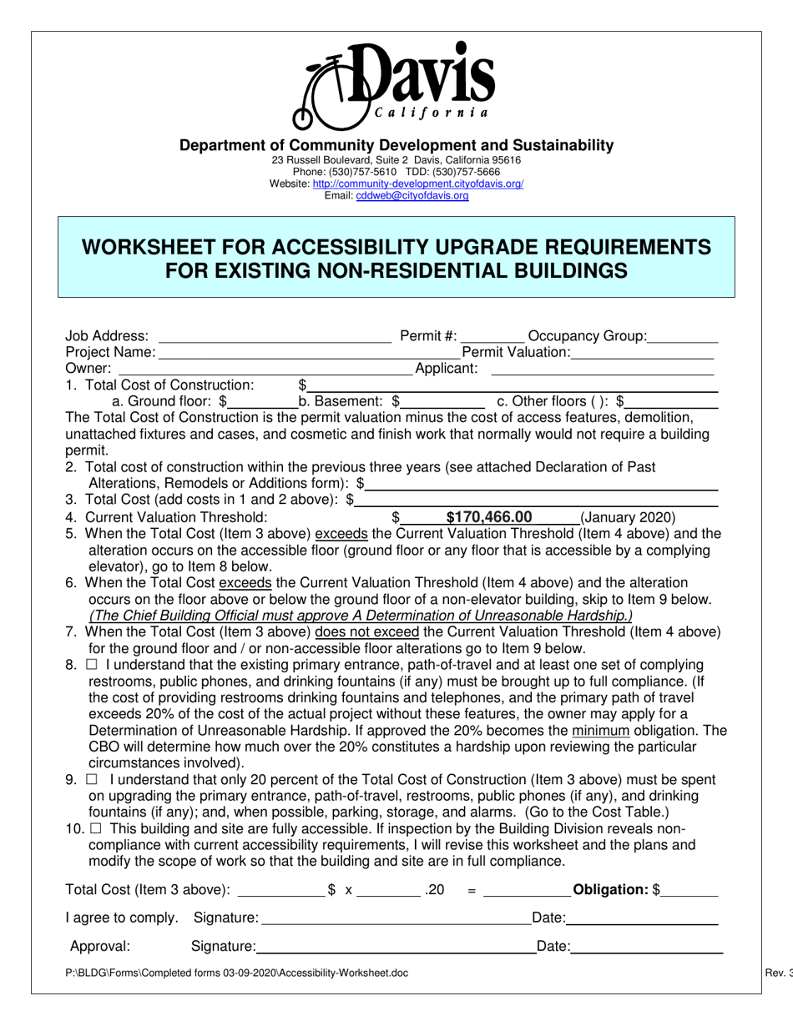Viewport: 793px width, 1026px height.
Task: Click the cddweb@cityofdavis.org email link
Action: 412,196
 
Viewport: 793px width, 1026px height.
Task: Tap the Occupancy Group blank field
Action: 682,338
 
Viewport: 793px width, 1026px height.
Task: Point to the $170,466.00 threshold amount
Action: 489,517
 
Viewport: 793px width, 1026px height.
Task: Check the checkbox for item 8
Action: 92,666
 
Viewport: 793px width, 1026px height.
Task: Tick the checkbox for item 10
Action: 96,829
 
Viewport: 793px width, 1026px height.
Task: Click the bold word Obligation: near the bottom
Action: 612,890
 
